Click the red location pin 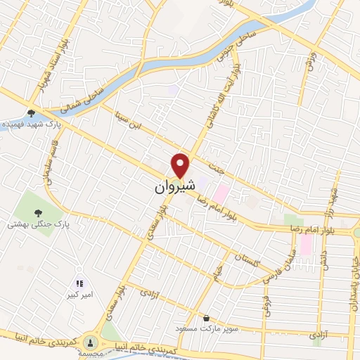click(x=181, y=165)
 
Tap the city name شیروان click(x=172, y=188)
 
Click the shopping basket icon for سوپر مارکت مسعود click(x=205, y=317)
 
